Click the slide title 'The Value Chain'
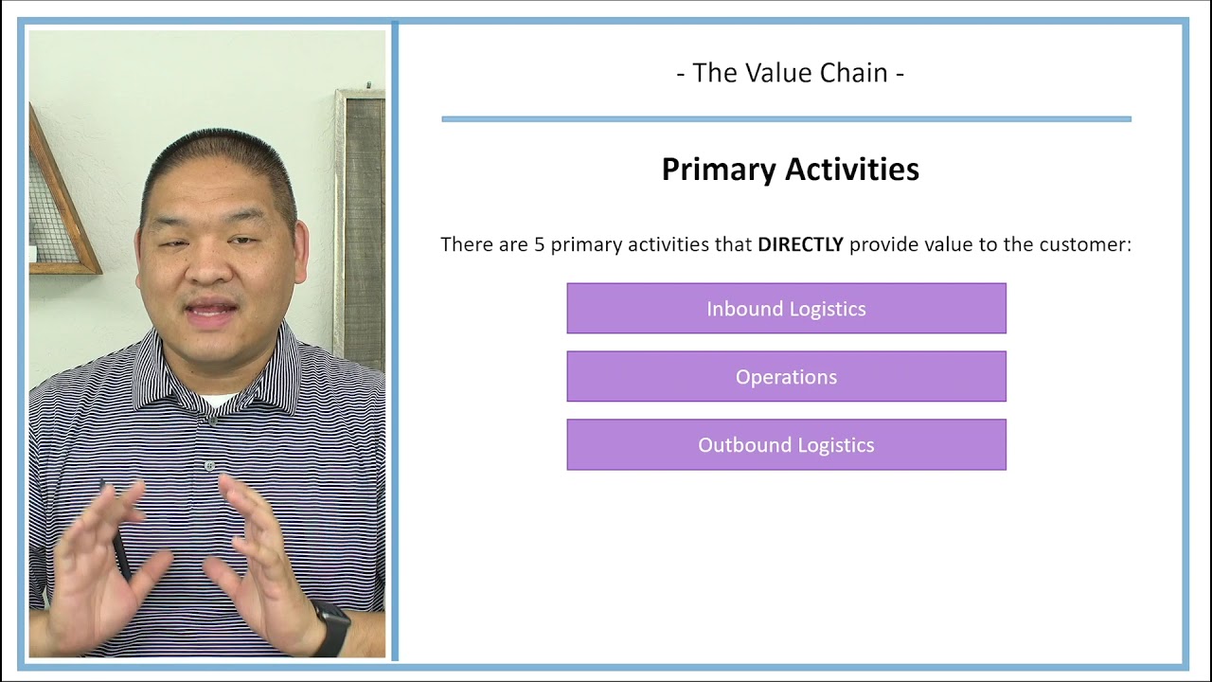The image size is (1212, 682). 790,73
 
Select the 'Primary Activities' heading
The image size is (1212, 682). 790,170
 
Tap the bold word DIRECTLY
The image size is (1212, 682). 800,244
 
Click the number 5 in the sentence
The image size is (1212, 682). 539,244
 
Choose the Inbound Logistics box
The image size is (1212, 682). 786,309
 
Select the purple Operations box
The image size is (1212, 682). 786,377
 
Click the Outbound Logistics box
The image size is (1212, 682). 786,445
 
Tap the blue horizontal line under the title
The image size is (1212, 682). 786,119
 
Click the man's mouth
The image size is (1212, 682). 213,311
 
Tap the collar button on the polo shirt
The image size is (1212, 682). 210,466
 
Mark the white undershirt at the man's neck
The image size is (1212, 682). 218,401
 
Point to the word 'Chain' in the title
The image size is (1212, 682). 849,73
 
